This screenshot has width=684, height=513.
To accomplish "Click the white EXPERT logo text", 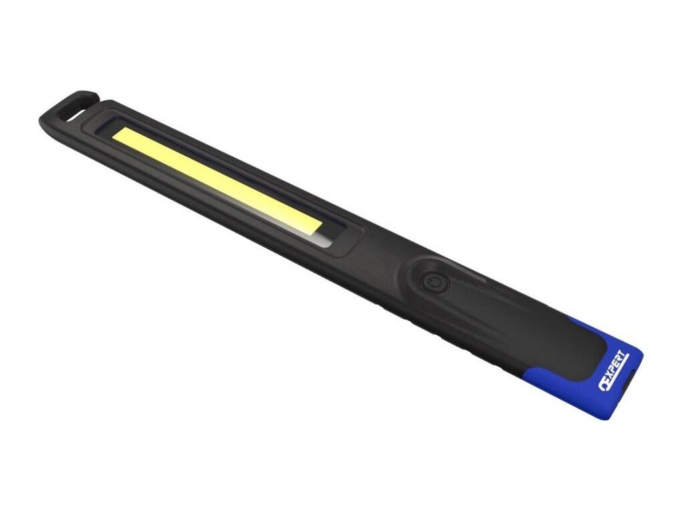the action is tap(615, 371).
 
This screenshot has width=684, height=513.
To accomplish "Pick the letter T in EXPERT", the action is tap(625, 357).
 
